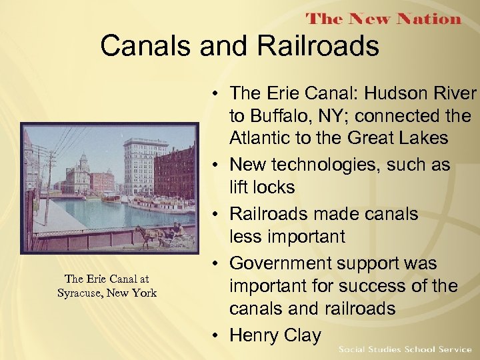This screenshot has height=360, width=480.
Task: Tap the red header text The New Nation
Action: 383,18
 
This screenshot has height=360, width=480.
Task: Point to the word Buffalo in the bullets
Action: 282,117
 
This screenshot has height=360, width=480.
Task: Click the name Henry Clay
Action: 275,335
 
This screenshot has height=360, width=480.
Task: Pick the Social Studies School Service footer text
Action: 405,349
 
